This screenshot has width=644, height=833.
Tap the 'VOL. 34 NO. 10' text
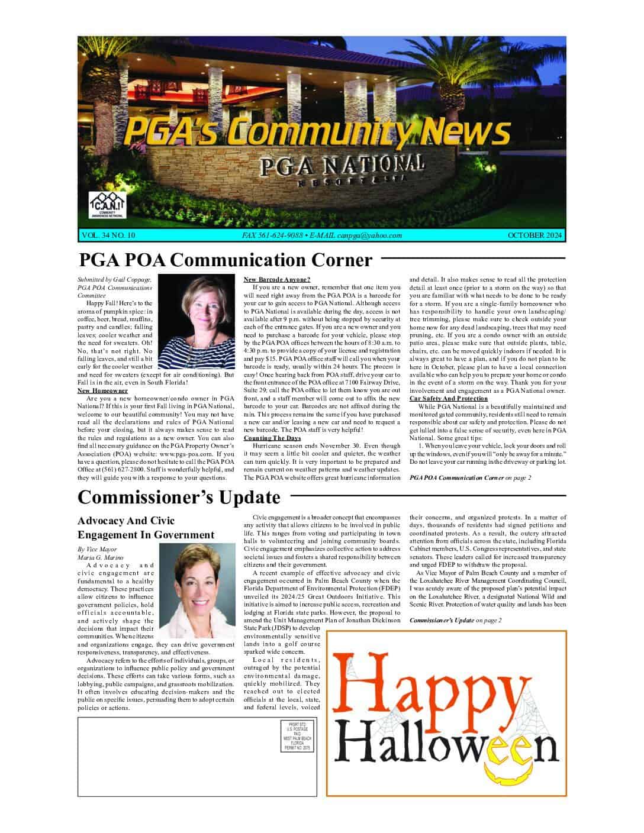tap(108, 235)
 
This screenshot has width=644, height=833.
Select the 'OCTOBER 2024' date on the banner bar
tap(534, 235)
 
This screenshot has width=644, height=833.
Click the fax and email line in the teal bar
tap(322, 235)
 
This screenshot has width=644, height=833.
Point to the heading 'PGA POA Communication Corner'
tap(226, 260)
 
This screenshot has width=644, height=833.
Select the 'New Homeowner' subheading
tap(103, 391)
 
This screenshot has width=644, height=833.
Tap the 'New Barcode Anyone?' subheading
tap(277, 279)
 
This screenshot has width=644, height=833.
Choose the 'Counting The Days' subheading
tap(272, 438)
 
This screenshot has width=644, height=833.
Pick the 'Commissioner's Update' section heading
tap(179, 498)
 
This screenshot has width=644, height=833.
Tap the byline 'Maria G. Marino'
tap(97, 557)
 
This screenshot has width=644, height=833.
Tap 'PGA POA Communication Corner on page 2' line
tap(470, 477)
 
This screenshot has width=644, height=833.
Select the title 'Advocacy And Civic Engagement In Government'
tap(146, 528)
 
